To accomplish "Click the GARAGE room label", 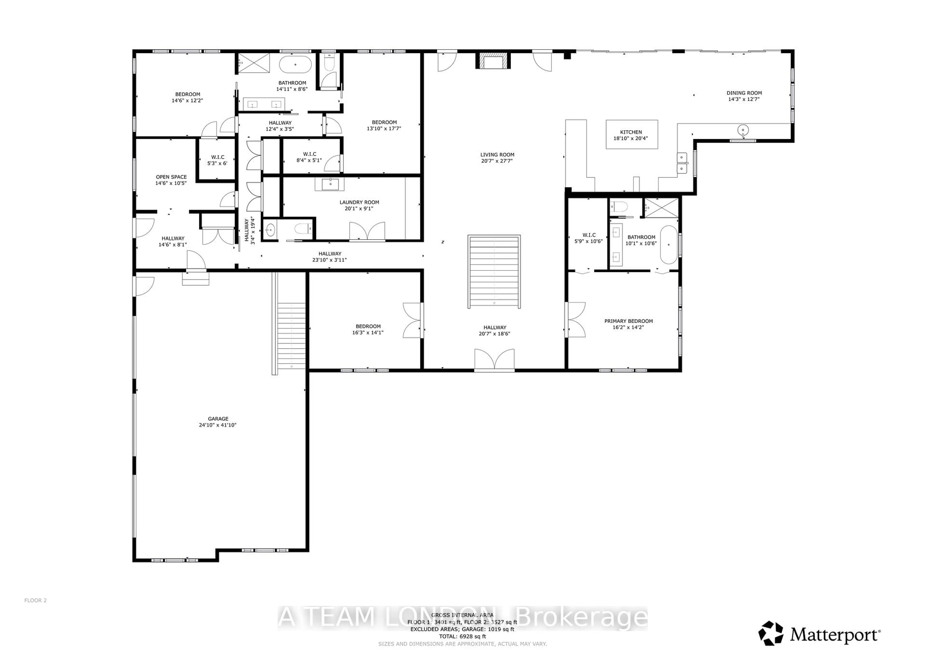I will click(218, 419).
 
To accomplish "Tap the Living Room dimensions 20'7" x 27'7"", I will click(497, 161).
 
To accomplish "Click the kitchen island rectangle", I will click(632, 135).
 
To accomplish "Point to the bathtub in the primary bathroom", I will click(669, 244).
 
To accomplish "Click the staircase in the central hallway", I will click(494, 272).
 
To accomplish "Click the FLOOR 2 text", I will click(35, 600).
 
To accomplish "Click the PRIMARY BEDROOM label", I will click(628, 321).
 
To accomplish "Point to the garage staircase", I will click(291, 335).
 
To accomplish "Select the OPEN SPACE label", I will click(171, 177).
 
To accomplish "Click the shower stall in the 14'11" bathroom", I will click(253, 63).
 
